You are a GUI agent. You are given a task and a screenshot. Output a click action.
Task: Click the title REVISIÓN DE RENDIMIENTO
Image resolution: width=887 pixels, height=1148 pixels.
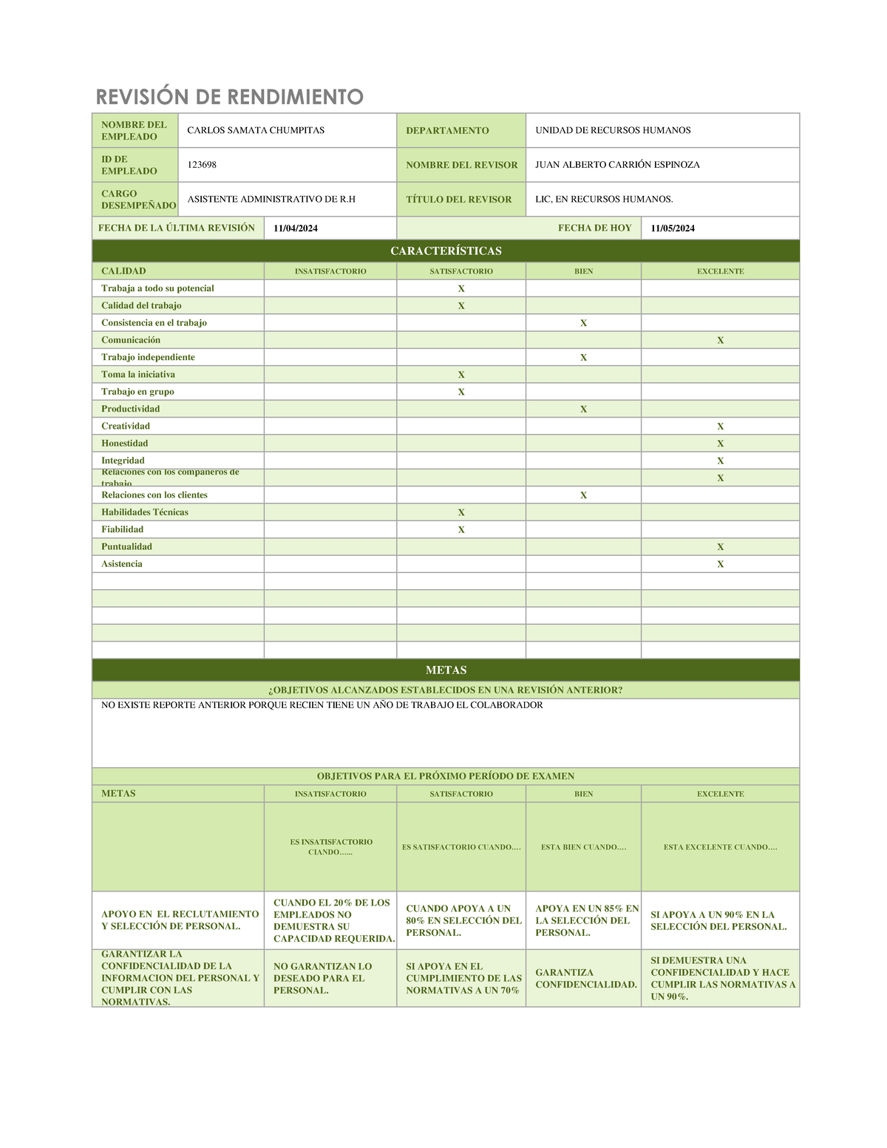(229, 97)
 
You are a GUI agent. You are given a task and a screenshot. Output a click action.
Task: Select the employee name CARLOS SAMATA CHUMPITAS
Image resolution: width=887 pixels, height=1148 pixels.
(256, 130)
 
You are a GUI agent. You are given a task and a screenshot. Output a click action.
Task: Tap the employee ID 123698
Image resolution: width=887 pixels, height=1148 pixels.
(202, 165)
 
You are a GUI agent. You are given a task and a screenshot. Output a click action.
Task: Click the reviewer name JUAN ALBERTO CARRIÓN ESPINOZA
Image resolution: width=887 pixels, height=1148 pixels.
(617, 165)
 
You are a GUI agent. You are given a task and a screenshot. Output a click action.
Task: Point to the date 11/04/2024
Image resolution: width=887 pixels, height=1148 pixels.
(296, 228)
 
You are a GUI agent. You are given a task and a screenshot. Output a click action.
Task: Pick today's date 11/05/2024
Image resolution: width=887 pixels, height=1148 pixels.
(673, 228)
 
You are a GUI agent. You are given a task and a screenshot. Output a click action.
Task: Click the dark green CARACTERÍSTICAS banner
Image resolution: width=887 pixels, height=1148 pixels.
(446, 251)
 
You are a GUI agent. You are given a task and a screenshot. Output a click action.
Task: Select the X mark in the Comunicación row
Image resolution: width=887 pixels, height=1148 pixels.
(720, 341)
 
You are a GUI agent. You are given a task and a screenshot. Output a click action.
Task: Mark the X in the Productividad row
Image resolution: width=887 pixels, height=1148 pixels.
(583, 410)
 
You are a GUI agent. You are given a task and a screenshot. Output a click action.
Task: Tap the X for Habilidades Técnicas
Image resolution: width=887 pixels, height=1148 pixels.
(461, 513)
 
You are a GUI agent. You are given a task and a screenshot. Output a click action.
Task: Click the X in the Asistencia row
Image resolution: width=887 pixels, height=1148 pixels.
(720, 565)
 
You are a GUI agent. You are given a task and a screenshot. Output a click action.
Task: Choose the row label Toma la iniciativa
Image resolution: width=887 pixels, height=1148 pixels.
(138, 375)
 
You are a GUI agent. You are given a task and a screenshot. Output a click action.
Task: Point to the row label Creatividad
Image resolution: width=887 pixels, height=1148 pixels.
(126, 427)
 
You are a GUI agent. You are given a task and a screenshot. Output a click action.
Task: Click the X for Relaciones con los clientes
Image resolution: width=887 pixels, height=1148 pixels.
(583, 496)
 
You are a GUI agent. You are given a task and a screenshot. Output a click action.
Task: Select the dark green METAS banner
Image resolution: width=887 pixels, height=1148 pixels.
(446, 670)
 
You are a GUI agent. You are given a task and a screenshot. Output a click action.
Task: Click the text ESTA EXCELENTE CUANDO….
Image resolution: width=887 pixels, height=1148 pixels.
(720, 847)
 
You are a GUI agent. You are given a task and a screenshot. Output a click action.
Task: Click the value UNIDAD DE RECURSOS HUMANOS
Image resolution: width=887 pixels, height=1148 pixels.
(613, 130)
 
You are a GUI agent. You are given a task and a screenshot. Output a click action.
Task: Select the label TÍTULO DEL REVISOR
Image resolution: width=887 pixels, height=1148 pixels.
(458, 200)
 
